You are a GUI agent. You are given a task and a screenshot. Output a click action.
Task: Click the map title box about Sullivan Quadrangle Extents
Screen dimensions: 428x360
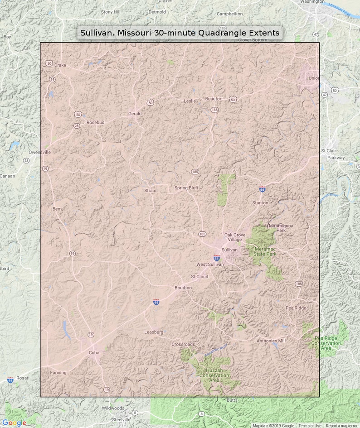[180, 33]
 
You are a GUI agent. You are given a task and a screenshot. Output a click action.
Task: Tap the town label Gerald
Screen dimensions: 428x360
[135, 114]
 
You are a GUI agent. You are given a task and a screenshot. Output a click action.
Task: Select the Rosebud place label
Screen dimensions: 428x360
[95, 122]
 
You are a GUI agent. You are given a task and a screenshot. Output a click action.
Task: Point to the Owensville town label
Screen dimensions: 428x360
[40, 152]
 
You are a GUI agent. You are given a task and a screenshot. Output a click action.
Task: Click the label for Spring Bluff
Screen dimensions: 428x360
[186, 188]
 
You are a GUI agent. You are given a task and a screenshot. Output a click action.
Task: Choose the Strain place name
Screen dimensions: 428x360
[150, 191]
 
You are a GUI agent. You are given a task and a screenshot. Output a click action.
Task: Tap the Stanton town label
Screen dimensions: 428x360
[260, 203]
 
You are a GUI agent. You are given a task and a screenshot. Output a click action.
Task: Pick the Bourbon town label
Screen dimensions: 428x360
[183, 288]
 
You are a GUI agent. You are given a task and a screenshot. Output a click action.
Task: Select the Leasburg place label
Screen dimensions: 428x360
[154, 332]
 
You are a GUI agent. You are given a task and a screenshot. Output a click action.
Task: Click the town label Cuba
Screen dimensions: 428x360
[94, 352]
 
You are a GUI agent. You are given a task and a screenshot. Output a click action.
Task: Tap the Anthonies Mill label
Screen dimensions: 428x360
[271, 341]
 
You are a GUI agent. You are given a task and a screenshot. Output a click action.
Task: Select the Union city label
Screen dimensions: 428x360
[314, 78]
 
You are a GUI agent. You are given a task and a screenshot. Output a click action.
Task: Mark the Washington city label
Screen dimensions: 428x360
[312, 2]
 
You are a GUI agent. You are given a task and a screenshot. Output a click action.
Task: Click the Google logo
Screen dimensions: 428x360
[14, 423]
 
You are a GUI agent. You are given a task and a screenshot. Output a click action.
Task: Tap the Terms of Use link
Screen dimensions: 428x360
[310, 426]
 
